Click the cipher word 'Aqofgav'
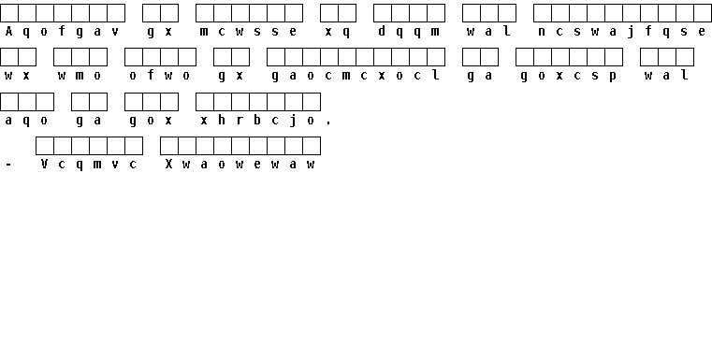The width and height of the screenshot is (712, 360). tap(62, 32)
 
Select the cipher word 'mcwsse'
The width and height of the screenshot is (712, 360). tap(249, 31)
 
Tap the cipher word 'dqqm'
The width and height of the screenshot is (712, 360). tap(409, 32)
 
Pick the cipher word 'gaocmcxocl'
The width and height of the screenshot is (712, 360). tap(356, 76)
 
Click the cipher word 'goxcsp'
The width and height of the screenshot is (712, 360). tap(569, 77)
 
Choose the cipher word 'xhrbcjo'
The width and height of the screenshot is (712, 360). tap(258, 121)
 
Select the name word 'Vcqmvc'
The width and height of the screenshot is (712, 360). tap(89, 165)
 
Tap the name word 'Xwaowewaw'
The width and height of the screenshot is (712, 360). tap(240, 165)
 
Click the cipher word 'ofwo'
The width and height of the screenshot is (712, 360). tap(160, 76)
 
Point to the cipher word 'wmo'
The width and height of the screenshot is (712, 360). tap(80, 76)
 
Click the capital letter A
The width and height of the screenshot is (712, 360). tap(8, 31)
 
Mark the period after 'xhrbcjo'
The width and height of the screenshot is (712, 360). tap(328, 123)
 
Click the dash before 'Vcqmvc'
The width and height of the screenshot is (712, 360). tap(8, 166)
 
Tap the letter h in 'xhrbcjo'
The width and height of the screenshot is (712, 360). tap(222, 121)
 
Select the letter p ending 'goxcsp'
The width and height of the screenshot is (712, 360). tap(613, 77)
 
